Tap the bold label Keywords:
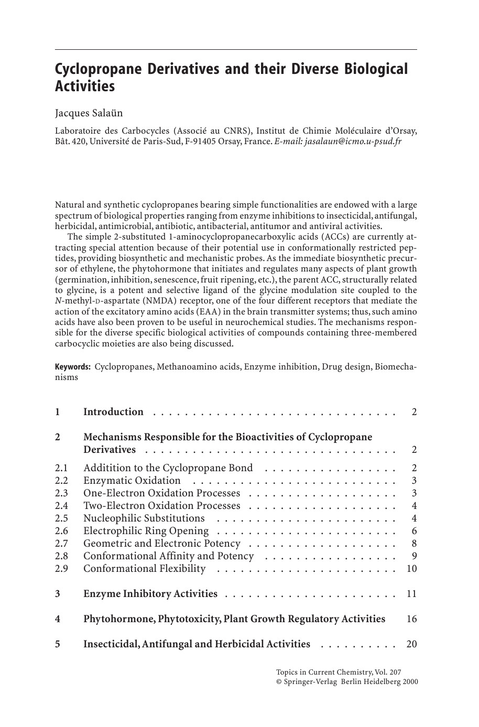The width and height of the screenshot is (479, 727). click(73, 366)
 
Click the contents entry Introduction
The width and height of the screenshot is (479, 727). click(113, 412)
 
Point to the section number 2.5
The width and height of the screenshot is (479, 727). click(61, 518)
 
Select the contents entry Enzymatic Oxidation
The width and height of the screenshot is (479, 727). click(132, 481)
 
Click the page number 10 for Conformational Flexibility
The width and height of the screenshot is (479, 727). click(411, 569)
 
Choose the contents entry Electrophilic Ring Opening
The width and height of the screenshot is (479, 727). click(146, 531)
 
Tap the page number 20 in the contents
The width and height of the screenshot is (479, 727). click(411, 644)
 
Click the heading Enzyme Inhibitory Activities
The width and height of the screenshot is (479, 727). click(150, 594)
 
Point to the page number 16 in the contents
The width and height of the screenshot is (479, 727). click(411, 619)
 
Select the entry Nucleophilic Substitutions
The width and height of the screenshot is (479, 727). click(144, 518)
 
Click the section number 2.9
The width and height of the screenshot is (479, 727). click(61, 569)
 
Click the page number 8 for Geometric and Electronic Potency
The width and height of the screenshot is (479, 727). click(414, 544)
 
